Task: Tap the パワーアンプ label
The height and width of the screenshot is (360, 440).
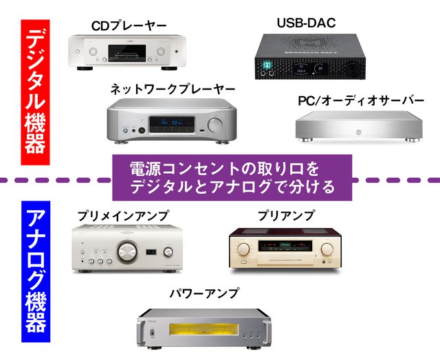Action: [204, 293]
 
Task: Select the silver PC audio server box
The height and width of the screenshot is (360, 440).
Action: [357, 128]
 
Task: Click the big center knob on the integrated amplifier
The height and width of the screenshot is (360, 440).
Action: [127, 254]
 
